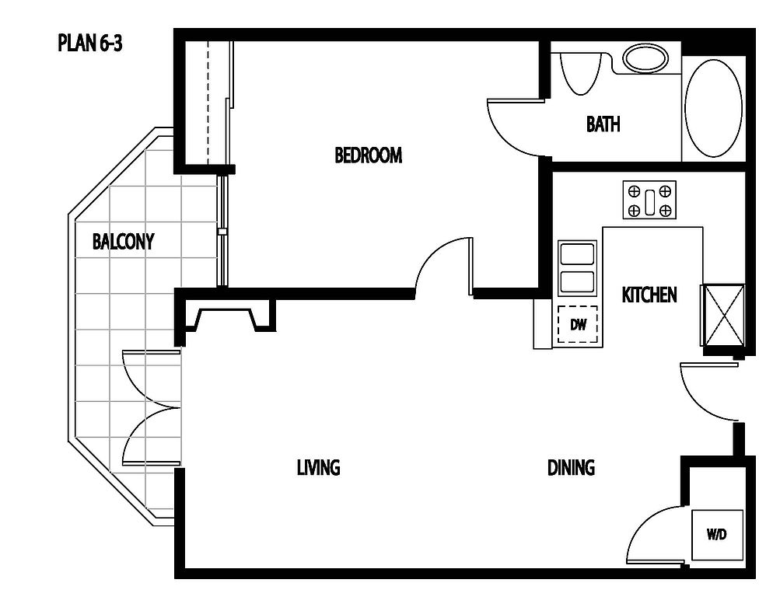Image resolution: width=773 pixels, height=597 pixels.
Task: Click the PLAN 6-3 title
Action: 89,43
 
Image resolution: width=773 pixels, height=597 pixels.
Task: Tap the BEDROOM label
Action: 369,155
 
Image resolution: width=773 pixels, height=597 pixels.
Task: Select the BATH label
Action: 603,124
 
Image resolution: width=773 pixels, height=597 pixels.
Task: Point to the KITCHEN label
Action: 649,295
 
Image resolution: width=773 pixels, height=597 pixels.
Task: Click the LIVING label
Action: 319,467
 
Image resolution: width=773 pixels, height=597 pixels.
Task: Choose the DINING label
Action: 571,467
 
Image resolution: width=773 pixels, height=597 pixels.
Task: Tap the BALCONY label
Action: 123,241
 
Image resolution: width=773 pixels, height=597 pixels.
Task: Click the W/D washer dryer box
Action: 717,535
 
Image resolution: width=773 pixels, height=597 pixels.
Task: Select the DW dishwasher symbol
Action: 578,325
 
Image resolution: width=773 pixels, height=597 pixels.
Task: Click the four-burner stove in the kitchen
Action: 649,200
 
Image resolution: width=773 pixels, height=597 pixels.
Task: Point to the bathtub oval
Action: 713,109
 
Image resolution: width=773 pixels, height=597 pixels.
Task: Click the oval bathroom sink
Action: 645,58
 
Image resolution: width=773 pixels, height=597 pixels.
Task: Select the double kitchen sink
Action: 577,269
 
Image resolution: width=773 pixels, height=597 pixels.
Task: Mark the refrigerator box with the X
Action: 722,316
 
